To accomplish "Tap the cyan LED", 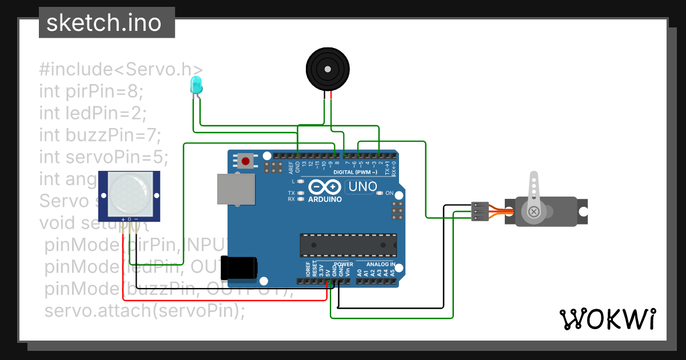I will tap(196, 85).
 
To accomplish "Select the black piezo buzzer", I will tap(328, 69).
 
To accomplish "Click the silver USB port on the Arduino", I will tap(235, 189).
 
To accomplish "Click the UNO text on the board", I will tap(362, 187).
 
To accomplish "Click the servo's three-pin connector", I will tap(480, 211).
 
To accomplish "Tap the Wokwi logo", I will tap(607, 319).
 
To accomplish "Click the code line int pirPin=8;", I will tap(91, 91).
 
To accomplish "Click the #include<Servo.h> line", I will tap(121, 69).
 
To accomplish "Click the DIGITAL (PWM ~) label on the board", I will tap(355, 172).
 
